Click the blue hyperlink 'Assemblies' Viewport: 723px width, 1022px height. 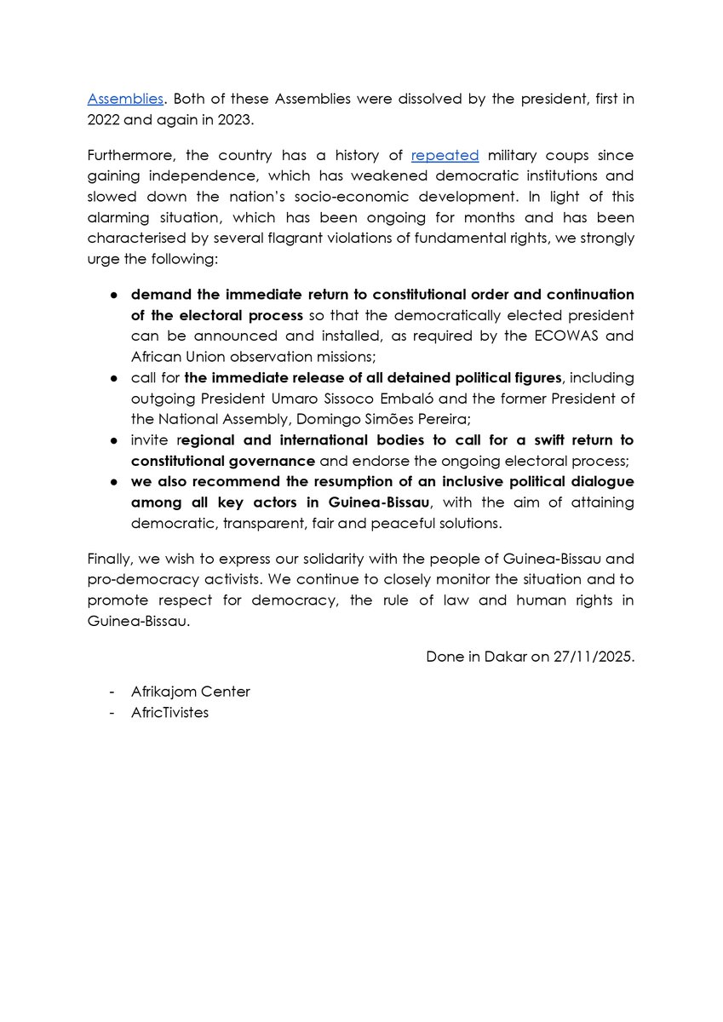point(124,99)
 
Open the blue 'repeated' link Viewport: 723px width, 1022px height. point(445,155)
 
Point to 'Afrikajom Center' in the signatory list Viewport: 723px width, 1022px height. point(191,692)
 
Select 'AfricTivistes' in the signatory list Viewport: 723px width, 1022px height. point(169,712)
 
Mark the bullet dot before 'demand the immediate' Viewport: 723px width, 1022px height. point(115,295)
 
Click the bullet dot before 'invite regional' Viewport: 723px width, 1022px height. point(115,440)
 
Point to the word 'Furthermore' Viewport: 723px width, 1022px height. point(130,155)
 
